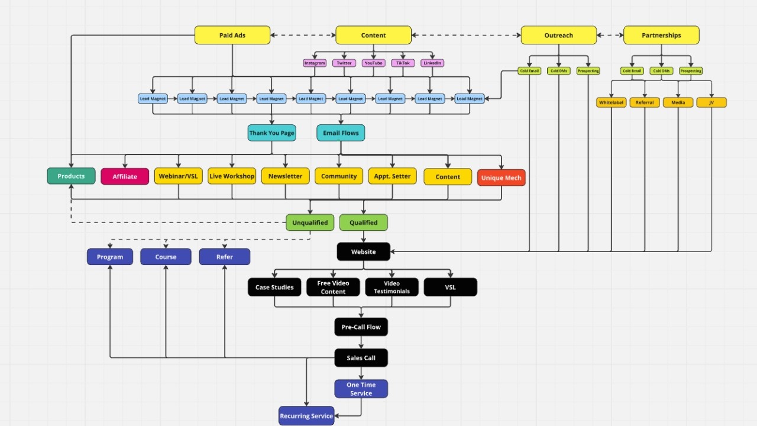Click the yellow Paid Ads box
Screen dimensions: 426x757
232,35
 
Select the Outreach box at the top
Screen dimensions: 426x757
558,35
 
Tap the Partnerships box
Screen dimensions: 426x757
661,35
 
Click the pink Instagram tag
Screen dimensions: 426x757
315,63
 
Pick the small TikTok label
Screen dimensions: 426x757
403,63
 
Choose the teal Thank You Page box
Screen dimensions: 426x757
271,133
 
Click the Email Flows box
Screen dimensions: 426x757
341,133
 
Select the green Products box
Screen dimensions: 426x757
71,176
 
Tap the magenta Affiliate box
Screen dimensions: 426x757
125,176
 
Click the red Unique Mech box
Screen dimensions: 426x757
501,177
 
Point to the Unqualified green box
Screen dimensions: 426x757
310,222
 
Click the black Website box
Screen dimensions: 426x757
363,251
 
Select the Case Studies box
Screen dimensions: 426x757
274,288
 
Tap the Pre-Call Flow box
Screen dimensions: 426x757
361,327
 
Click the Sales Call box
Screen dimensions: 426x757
361,358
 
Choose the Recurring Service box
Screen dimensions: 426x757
306,416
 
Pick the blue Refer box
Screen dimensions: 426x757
224,257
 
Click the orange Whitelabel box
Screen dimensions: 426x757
611,102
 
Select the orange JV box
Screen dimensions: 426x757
711,102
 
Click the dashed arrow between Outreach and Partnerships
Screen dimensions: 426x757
610,35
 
